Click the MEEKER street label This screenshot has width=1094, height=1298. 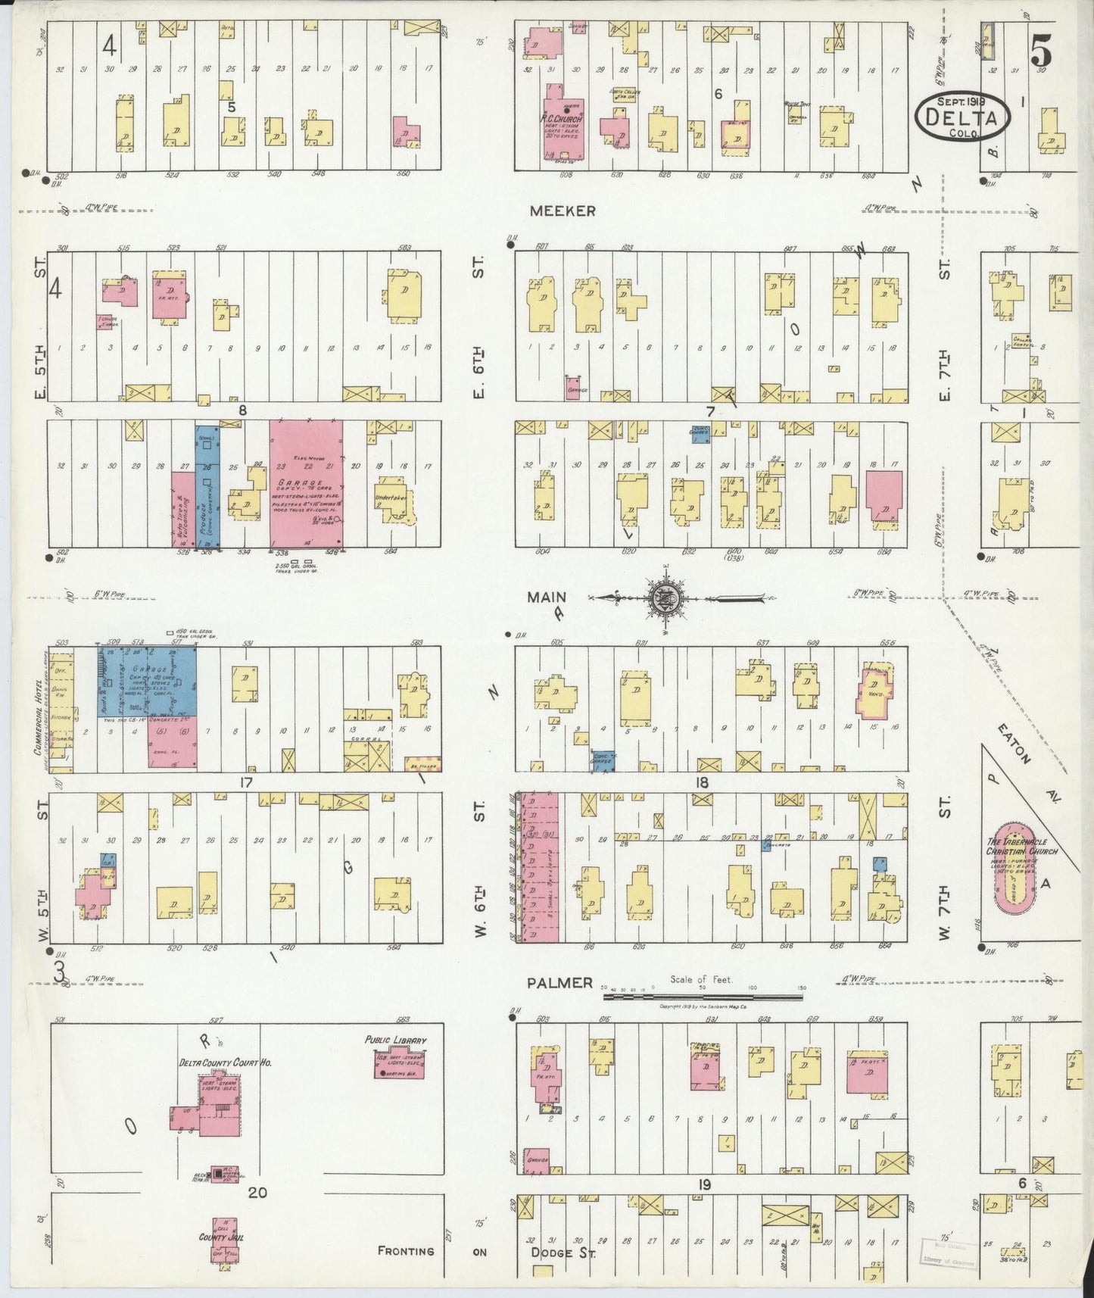tap(562, 211)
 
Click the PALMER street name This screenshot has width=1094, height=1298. tap(560, 983)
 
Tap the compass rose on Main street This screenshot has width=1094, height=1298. tap(665, 598)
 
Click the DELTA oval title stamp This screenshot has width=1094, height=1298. tap(962, 117)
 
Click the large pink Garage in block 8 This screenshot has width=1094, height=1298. tap(306, 482)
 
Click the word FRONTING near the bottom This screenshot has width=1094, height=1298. tap(406, 1251)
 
